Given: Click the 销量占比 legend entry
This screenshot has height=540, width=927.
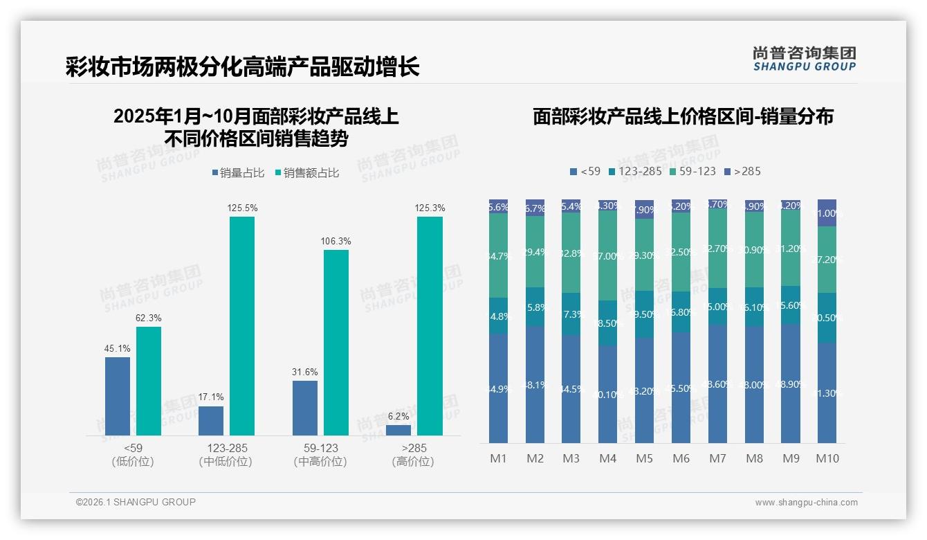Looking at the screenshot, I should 238,173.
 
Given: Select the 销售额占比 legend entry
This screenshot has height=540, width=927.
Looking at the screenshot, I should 307,173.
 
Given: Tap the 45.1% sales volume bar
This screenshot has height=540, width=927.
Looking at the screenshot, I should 118,396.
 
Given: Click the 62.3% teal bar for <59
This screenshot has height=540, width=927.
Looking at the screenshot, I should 149,381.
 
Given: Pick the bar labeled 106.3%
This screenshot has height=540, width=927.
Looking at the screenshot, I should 336,343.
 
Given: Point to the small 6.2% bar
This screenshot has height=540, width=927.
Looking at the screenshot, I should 398,430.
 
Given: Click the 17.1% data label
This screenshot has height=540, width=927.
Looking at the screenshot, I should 210,397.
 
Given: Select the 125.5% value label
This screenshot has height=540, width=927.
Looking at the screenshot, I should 242,208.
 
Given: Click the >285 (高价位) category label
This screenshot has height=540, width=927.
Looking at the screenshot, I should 412,455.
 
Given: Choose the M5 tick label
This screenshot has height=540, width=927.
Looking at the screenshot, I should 644,458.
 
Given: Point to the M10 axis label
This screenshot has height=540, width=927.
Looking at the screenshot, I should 827,458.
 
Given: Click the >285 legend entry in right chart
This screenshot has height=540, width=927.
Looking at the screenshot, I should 742,171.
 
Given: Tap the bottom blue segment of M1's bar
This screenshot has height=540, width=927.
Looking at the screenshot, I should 499,388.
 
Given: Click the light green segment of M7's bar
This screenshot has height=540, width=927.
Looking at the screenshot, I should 717,248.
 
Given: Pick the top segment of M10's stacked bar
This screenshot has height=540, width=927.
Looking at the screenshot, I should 827,213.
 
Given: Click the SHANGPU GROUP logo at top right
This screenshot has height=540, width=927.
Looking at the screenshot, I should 804,59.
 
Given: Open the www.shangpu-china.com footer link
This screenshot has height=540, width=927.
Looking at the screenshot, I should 806,503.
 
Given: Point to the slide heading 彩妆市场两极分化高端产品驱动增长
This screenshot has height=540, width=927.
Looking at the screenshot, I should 242,67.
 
